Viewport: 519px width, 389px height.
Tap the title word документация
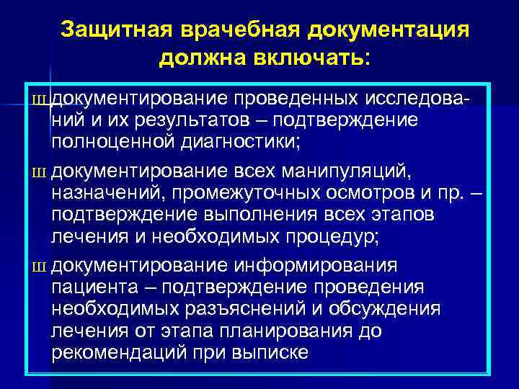tap(389, 31)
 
